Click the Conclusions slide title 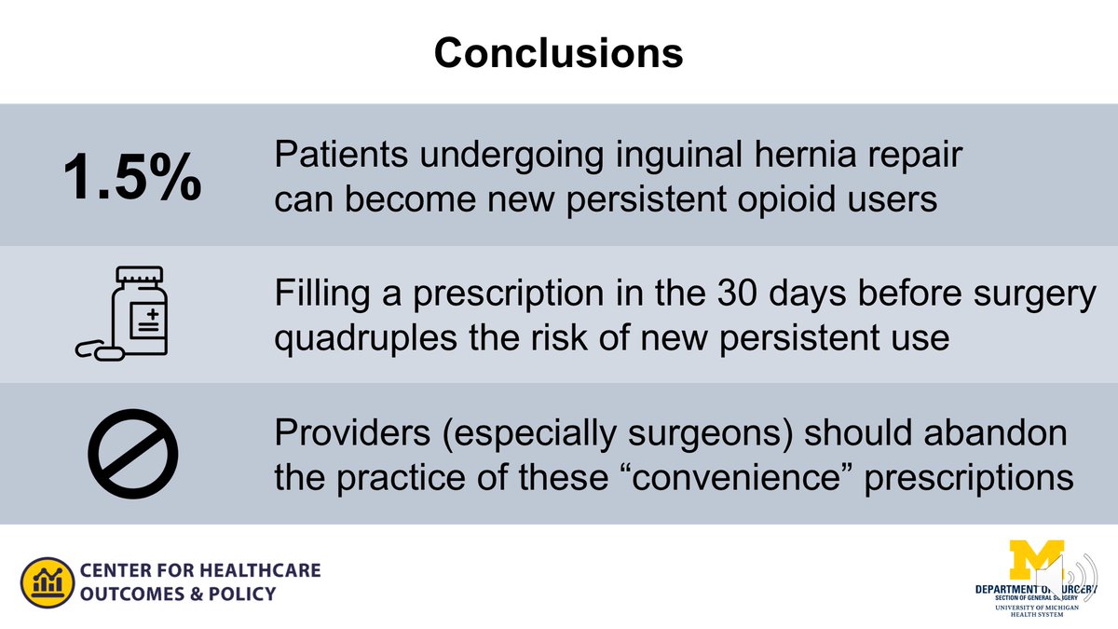558,53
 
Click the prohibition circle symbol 132,454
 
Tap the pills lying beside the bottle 97,350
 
